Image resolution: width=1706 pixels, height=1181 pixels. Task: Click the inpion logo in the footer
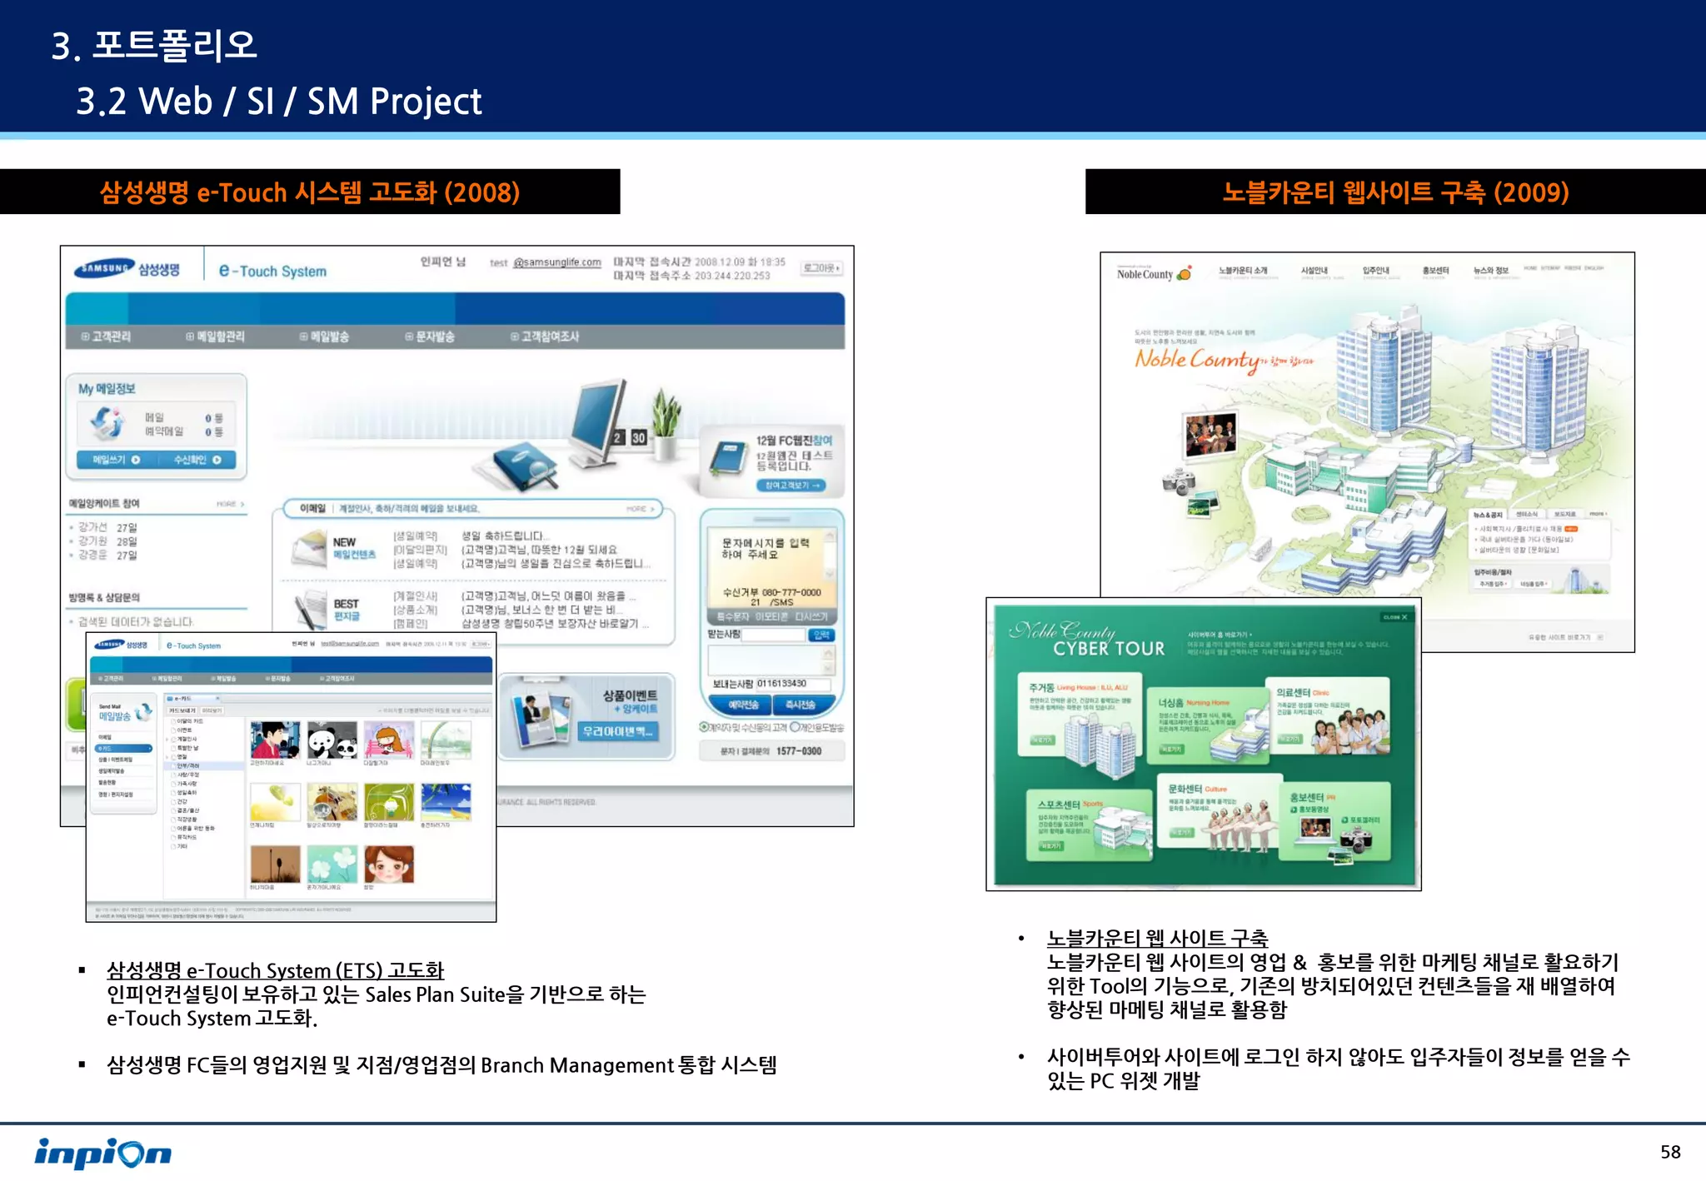tap(102, 1153)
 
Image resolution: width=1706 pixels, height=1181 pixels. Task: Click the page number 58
tap(1669, 1152)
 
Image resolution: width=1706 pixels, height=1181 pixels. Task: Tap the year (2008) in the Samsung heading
tap(481, 192)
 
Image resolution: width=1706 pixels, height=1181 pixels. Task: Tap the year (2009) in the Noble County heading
tap(1531, 192)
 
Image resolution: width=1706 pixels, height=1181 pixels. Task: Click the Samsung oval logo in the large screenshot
tap(104, 268)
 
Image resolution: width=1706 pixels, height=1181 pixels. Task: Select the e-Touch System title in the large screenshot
tap(273, 271)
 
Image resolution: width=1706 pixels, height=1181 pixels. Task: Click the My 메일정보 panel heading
tap(107, 388)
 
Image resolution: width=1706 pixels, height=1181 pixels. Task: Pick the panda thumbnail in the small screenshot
tap(332, 740)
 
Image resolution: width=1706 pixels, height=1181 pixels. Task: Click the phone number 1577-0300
tap(798, 751)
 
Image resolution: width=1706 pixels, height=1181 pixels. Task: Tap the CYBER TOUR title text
tap(1108, 649)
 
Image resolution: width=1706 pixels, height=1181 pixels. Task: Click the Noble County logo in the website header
tap(1154, 273)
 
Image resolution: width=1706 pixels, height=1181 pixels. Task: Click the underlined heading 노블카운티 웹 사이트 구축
tap(1157, 939)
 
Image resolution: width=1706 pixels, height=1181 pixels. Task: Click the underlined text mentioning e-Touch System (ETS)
tap(275, 970)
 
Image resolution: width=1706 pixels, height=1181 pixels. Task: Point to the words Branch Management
tap(576, 1065)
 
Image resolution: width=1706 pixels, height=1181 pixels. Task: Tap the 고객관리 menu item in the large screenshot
tap(107, 336)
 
